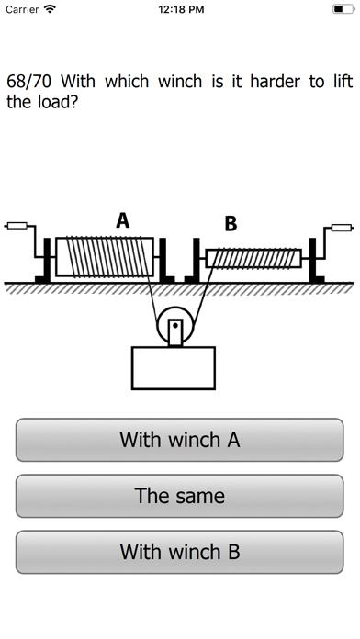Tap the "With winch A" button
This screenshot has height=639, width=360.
[180, 440]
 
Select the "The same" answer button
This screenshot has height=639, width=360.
[180, 496]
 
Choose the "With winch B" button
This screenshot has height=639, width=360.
[180, 552]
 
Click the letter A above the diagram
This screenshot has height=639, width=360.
[123, 220]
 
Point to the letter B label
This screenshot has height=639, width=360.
[231, 223]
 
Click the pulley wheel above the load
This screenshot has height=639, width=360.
[174, 326]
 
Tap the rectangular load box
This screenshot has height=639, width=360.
[174, 367]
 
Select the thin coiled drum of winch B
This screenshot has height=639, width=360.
[253, 258]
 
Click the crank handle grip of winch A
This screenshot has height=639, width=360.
[17, 223]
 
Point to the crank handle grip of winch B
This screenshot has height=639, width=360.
[342, 226]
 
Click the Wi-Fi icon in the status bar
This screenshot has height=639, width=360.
[50, 9]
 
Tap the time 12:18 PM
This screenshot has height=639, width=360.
[180, 9]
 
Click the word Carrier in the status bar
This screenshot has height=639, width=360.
[22, 9]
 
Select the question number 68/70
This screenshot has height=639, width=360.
[28, 81]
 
